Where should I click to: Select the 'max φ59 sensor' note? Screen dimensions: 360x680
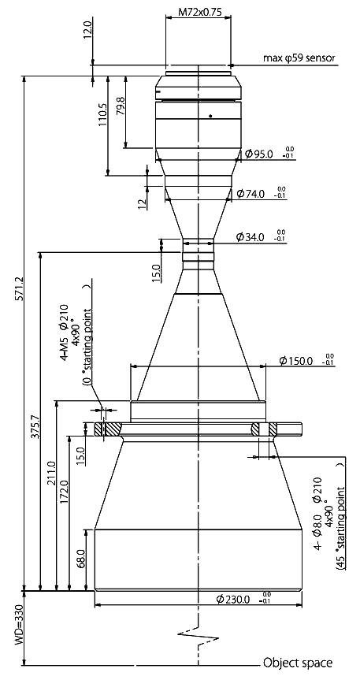coord(299,58)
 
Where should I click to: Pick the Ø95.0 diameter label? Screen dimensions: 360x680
coord(259,154)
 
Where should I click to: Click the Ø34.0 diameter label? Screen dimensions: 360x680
coord(251,237)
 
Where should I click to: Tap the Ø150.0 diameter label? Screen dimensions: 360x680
coord(296,360)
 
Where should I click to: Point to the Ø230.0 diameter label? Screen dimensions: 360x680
coord(234,600)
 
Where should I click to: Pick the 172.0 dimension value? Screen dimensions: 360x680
coord(64,493)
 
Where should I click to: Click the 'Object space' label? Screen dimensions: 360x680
coord(298,663)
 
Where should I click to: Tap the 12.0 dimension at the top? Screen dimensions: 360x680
coord(88,33)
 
